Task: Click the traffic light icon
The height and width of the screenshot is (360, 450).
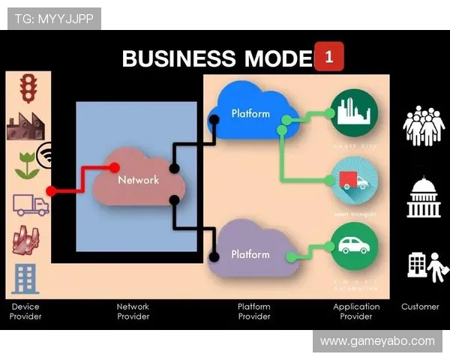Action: pyautogui.click(x=28, y=88)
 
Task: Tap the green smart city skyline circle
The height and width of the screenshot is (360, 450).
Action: pyautogui.click(x=354, y=112)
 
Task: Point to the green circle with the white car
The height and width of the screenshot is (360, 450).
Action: pyautogui.click(x=354, y=246)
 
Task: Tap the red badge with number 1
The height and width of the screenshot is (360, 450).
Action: pyautogui.click(x=329, y=56)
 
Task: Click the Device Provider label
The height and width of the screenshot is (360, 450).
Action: pyautogui.click(x=25, y=311)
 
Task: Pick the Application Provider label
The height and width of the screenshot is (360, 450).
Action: pyautogui.click(x=356, y=311)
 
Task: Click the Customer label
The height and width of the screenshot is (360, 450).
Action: pyautogui.click(x=420, y=306)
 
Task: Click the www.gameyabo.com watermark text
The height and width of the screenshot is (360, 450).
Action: pyautogui.click(x=377, y=341)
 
